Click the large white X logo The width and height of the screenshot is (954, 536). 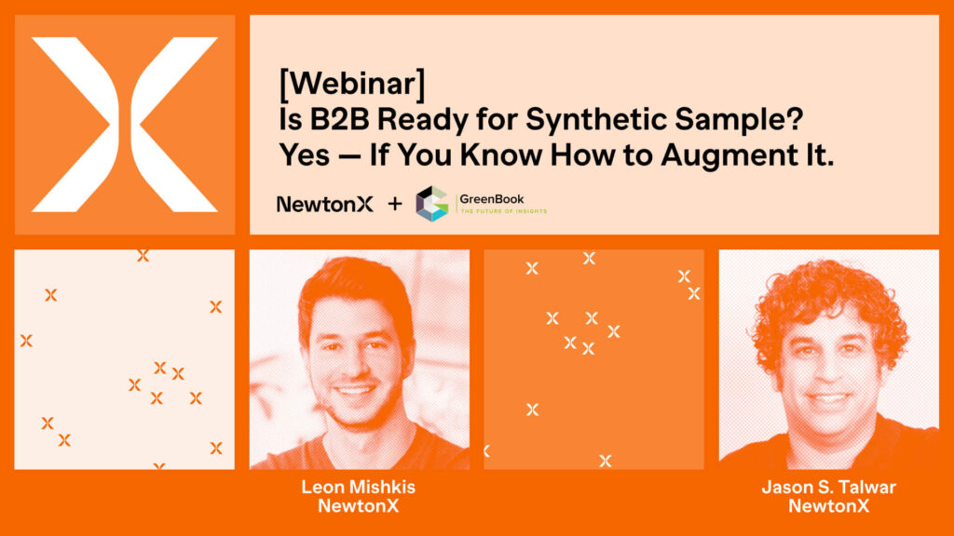click(125, 124)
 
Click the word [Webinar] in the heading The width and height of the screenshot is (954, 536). click(351, 86)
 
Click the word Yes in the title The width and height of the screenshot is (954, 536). click(305, 155)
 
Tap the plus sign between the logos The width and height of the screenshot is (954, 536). click(394, 204)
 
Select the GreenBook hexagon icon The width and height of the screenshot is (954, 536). click(432, 204)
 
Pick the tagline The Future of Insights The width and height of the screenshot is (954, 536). click(503, 212)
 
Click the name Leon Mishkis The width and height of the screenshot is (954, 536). click(358, 487)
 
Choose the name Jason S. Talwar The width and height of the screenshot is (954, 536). click(827, 487)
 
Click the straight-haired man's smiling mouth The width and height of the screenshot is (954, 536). click(356, 391)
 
